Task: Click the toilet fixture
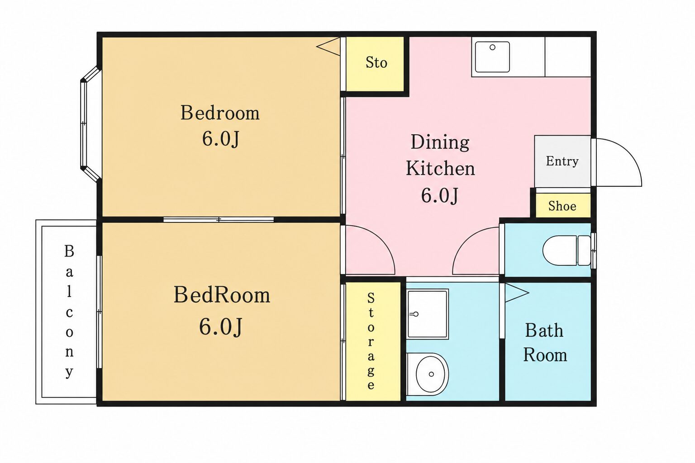click(x=566, y=250)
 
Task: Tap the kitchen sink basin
click(x=492, y=57)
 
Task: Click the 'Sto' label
click(x=376, y=62)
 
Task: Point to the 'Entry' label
click(x=562, y=161)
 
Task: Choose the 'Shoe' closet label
click(x=562, y=206)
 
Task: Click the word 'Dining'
click(x=440, y=142)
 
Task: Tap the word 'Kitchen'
click(x=440, y=168)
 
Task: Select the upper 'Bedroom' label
click(x=219, y=113)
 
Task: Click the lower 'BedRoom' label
click(x=222, y=295)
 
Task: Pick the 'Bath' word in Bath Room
click(x=544, y=330)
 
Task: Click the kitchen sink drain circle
click(x=492, y=47)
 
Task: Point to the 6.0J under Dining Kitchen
click(x=439, y=195)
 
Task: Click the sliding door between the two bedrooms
click(x=219, y=220)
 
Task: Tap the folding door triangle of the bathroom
click(x=516, y=292)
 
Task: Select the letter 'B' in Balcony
click(x=69, y=251)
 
